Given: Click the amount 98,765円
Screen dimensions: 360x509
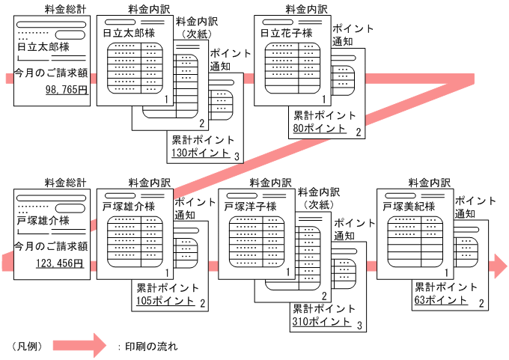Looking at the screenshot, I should pos(67,89).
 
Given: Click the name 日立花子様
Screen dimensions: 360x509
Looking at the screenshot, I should pos(285,33).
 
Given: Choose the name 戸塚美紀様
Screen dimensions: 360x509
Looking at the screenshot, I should pos(408,206).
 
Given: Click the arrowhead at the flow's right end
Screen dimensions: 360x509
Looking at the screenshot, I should pos(497,265).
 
